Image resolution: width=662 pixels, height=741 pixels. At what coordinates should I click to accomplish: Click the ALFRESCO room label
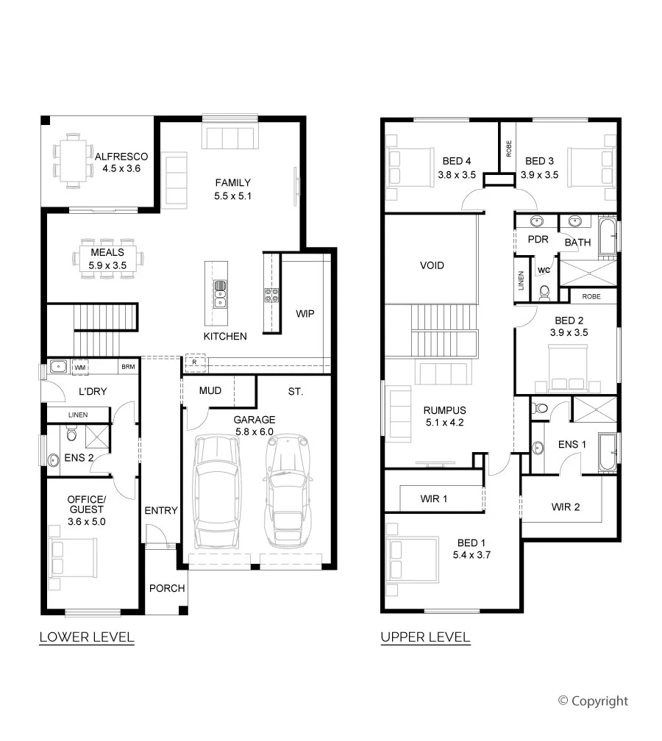pos(121,157)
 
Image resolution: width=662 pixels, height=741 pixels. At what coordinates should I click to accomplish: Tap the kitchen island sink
pos(220,294)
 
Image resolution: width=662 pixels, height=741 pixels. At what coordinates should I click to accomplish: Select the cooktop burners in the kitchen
pos(271,296)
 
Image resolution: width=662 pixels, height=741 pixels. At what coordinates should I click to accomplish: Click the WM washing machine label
pos(80,368)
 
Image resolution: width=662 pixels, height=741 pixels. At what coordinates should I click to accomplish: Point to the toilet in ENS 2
pos(71,432)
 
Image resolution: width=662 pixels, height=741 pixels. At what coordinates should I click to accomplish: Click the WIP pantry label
pos(305,314)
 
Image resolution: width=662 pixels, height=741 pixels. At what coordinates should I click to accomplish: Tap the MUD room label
pos(210,391)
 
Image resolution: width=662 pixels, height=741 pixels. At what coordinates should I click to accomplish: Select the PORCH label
pos(167,588)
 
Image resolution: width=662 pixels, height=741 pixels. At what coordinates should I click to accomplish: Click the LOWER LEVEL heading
pos(87,637)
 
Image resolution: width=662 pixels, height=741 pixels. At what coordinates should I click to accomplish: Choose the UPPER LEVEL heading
pos(426,637)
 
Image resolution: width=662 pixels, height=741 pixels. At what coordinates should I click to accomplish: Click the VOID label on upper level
pos(433,265)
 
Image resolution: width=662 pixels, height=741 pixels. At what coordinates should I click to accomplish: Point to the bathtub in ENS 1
pos(608,452)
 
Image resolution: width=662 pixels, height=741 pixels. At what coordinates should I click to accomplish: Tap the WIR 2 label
pos(566,507)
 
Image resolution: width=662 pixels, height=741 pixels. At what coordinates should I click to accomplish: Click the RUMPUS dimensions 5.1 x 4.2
pos(444,423)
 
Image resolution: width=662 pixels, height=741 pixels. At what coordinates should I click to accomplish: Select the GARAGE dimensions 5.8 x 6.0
pos(255,432)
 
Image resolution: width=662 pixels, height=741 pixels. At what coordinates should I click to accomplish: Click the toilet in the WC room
pos(545,293)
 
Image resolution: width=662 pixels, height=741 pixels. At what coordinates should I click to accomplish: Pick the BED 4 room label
pos(457,161)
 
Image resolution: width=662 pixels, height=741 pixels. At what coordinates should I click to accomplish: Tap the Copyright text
pos(594,701)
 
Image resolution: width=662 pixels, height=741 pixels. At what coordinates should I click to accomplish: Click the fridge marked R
pos(195,362)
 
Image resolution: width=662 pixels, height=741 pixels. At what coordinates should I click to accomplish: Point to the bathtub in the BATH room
pos(608,236)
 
